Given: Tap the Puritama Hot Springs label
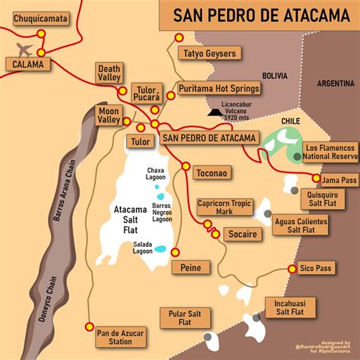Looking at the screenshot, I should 219,89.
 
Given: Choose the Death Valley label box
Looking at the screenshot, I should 108,73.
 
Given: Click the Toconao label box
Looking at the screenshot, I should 210,172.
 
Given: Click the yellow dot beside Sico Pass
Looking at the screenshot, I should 292,269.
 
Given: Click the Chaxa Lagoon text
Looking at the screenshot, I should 156,173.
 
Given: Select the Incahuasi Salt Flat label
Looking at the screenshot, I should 289,307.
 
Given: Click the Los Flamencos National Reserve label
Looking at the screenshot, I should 329,151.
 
